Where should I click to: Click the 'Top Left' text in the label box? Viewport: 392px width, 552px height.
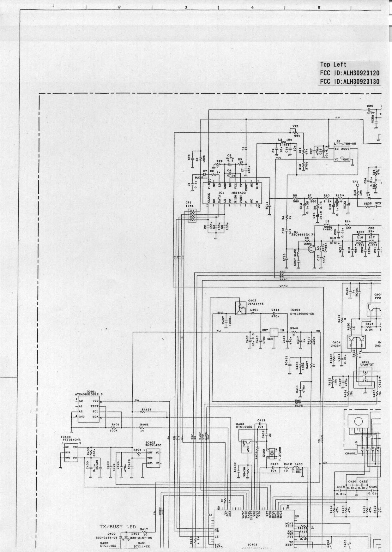pos(333,64)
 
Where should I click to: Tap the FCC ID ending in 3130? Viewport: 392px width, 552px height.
pos(350,81)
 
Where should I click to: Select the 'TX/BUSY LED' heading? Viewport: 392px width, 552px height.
pos(118,527)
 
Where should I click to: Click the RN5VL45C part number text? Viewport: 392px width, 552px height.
pos(154,445)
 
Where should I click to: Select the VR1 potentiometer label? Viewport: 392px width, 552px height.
pos(295,126)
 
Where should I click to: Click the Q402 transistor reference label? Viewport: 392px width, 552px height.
pos(243,300)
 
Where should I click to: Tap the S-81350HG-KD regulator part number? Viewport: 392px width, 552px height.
pos(302,314)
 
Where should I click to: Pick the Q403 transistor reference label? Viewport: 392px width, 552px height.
pos(241,424)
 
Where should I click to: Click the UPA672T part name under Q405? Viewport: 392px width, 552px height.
pos(367,364)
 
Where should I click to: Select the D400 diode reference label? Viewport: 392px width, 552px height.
pos(111,533)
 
